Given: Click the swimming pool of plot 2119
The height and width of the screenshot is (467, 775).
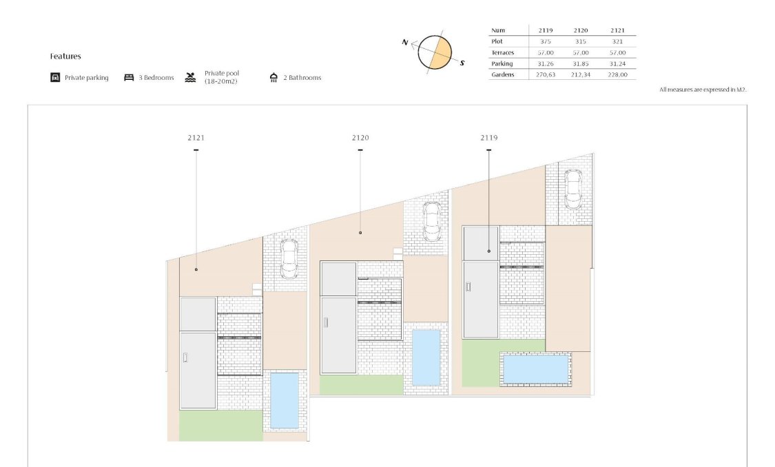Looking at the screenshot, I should point(536,369).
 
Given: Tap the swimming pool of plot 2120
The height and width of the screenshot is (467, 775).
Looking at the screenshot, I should point(426,357).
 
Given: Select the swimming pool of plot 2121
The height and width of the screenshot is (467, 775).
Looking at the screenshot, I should point(285,400).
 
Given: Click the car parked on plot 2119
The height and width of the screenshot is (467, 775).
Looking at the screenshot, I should point(573,189).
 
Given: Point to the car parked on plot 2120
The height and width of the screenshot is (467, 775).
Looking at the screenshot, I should point(432,220).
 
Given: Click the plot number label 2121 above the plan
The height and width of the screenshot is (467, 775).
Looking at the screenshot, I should point(196,138).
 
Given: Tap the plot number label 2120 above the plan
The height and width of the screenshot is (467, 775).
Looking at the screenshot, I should point(360,138).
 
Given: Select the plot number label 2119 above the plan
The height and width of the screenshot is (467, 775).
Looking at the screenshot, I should point(489,138).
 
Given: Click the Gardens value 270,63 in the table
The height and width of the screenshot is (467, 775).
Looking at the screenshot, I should point(546,74).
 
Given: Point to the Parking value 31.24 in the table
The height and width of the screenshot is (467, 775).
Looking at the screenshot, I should point(619,63).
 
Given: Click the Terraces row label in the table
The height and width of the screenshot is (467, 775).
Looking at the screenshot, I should point(502,52).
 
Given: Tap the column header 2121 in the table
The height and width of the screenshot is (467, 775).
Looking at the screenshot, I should point(619,30).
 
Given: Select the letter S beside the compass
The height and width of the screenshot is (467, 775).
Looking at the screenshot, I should point(462,63).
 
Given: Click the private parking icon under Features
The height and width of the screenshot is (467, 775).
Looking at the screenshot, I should point(55,78).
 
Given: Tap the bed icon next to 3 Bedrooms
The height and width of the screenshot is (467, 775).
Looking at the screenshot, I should point(129,78).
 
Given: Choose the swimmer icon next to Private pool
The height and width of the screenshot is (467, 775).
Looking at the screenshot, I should point(191,77).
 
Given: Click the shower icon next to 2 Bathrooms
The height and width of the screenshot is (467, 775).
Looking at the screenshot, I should point(273,78).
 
